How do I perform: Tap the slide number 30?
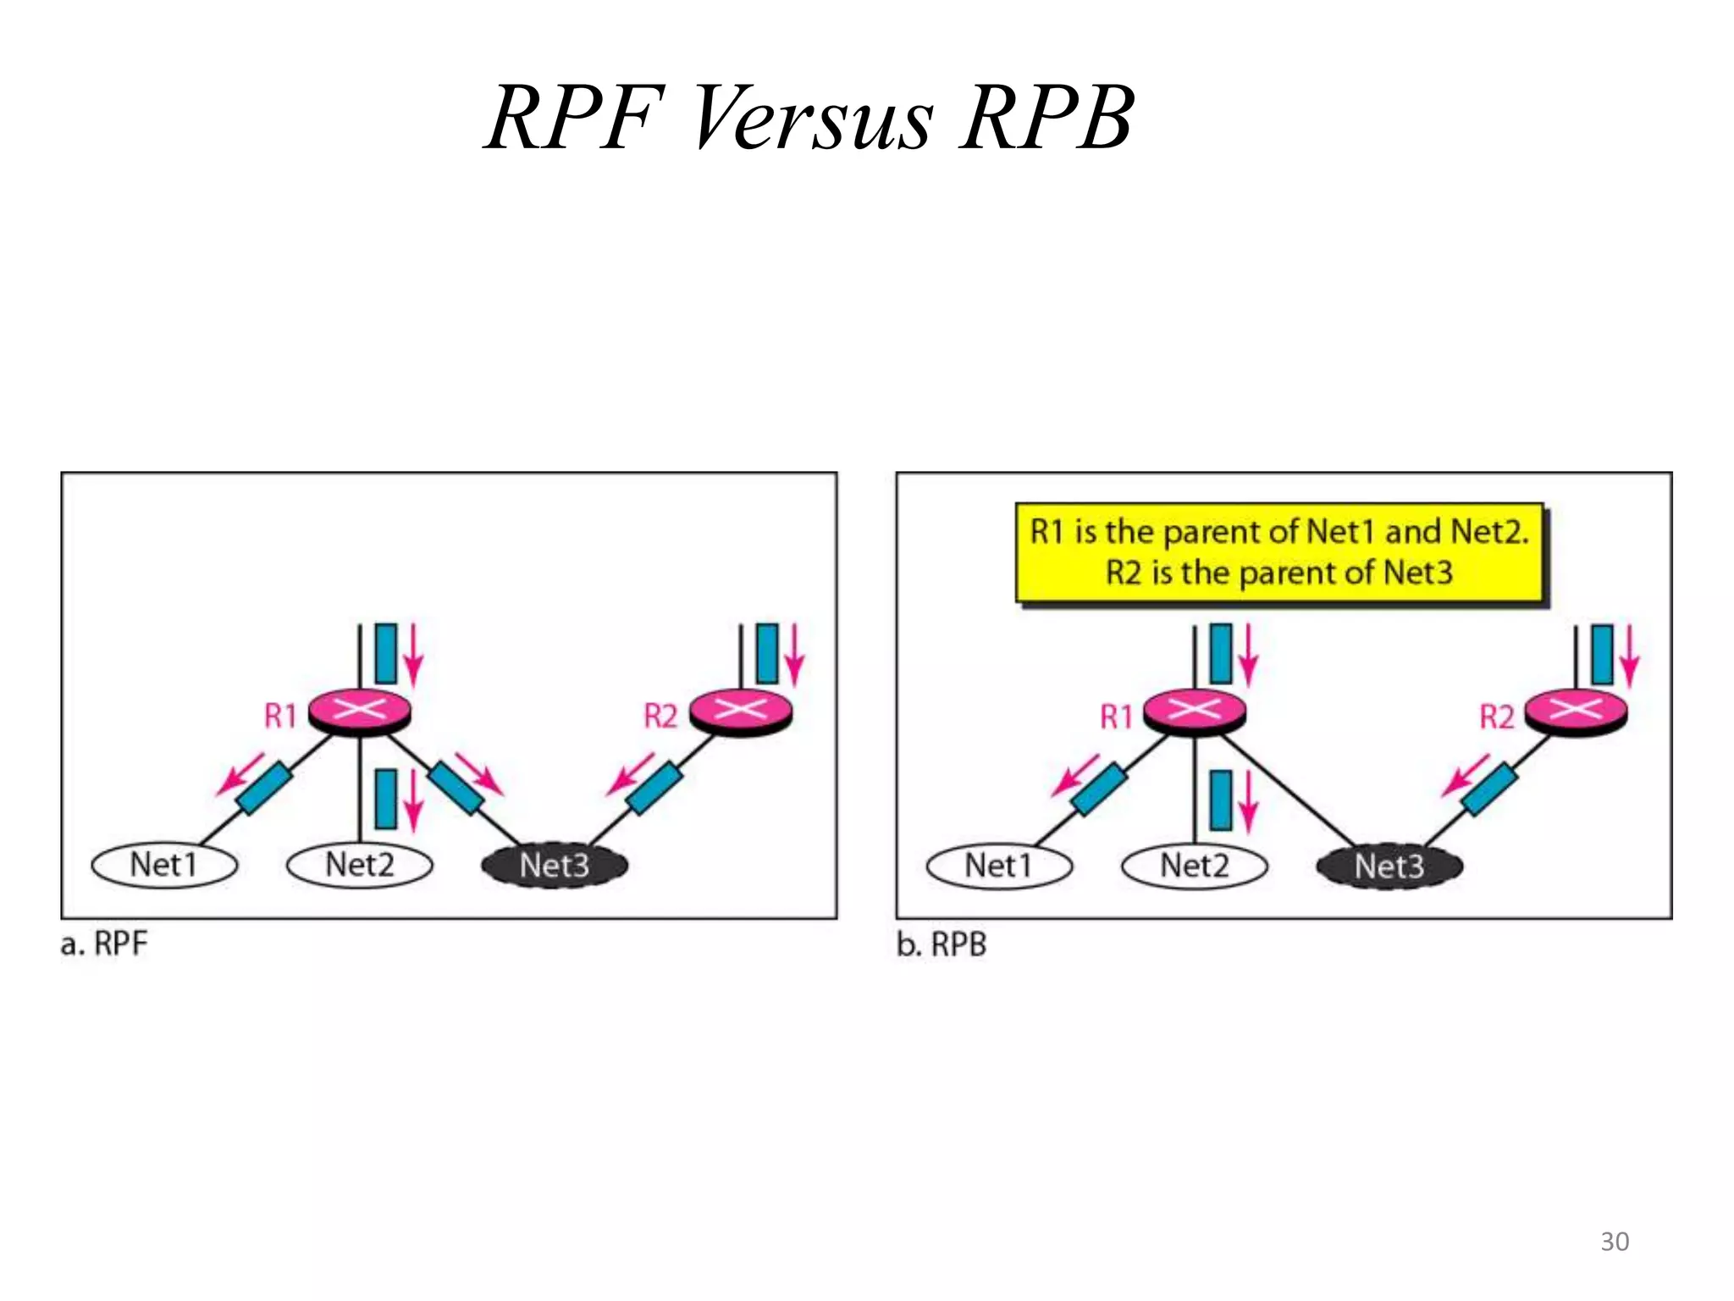click(x=1615, y=1242)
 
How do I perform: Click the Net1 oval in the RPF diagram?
click(x=164, y=866)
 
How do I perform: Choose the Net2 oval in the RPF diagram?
click(x=360, y=866)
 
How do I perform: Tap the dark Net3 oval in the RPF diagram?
click(x=555, y=866)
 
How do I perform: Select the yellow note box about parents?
click(x=1279, y=553)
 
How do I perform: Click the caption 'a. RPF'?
click(x=104, y=944)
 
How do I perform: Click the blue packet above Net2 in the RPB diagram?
click(x=1221, y=800)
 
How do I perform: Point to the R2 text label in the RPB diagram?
click(x=1496, y=717)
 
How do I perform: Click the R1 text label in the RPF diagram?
click(x=280, y=717)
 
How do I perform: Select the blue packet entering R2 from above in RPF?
click(x=767, y=653)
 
